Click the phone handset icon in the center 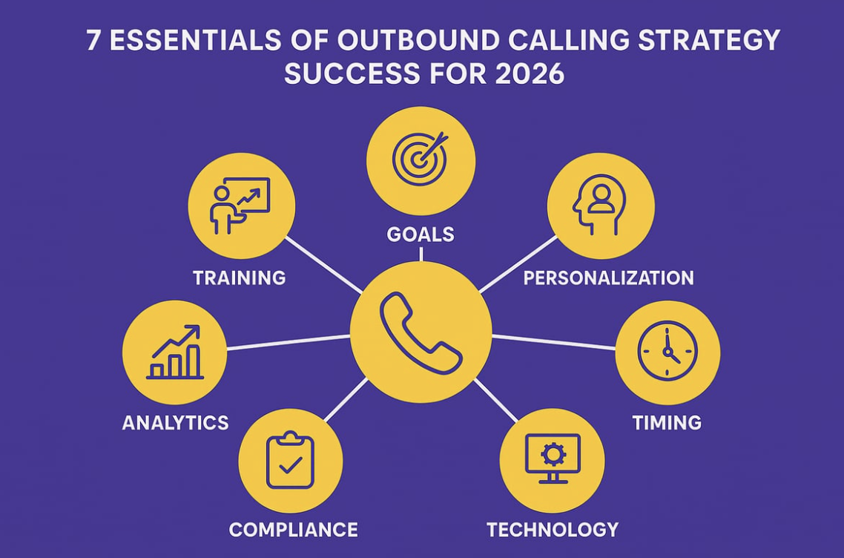(x=421, y=332)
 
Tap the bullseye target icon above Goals (x=421, y=159)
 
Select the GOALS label (x=421, y=234)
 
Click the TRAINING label (x=239, y=278)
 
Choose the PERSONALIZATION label (x=608, y=278)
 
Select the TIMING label (x=667, y=422)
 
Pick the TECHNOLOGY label (x=553, y=529)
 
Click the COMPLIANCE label (x=293, y=529)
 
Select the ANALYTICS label (x=175, y=422)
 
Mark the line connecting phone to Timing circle (x=553, y=342)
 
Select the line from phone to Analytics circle (x=289, y=342)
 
